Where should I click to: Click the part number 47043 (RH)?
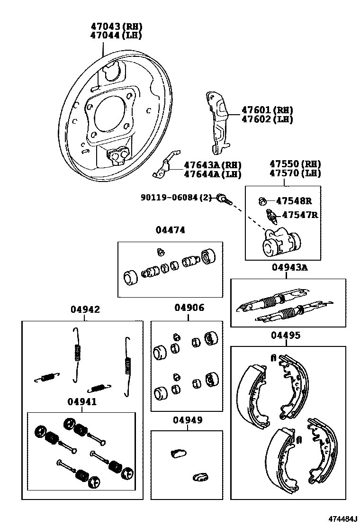(x=116, y=27)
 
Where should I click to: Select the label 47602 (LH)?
(x=267, y=119)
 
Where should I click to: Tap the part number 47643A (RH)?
(x=213, y=165)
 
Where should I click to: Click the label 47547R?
(x=299, y=215)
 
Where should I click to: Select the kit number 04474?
(x=170, y=230)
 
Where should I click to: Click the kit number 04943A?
(x=289, y=268)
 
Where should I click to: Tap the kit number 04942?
(x=85, y=309)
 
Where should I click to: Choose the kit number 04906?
(x=189, y=308)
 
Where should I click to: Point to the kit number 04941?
(x=82, y=402)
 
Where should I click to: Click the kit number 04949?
(x=188, y=420)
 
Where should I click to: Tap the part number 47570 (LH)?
(x=295, y=173)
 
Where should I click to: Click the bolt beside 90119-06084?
(x=224, y=199)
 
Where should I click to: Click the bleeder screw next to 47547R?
(x=273, y=217)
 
